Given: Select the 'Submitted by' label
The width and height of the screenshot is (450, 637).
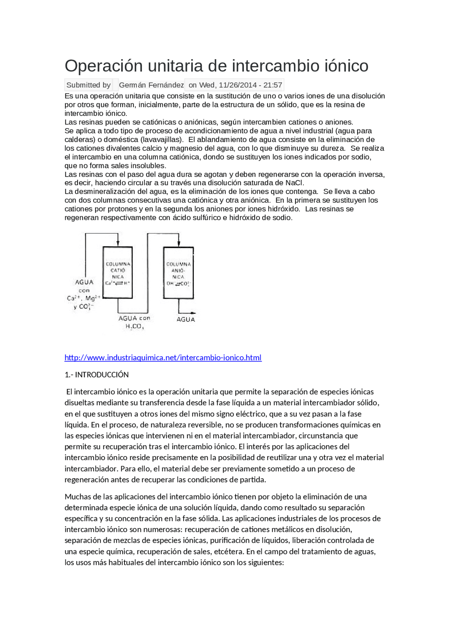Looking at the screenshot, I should pyautogui.click(x=88, y=85).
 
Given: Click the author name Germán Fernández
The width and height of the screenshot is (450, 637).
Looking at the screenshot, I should pyautogui.click(x=151, y=85).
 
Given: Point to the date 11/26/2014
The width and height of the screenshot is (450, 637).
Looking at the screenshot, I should pyautogui.click(x=238, y=85).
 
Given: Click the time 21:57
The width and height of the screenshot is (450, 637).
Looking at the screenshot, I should pyautogui.click(x=273, y=85).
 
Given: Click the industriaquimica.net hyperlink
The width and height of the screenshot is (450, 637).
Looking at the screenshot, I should pyautogui.click(x=163, y=358).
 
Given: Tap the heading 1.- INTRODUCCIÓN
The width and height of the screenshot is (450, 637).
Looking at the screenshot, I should pyautogui.click(x=97, y=375).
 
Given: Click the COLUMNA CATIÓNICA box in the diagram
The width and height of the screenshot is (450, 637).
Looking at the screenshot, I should pyautogui.click(x=118, y=273).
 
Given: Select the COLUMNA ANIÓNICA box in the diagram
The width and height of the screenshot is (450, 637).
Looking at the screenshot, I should pyautogui.click(x=179, y=273).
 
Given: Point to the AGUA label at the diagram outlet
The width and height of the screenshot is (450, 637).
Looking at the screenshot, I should pyautogui.click(x=186, y=319).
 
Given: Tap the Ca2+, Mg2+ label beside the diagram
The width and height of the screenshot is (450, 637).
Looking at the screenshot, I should pyautogui.click(x=84, y=298).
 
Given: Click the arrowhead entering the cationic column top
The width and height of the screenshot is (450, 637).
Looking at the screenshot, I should pyautogui.click(x=118, y=243).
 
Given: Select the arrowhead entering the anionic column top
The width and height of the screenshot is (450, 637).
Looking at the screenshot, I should pyautogui.click(x=179, y=243).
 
